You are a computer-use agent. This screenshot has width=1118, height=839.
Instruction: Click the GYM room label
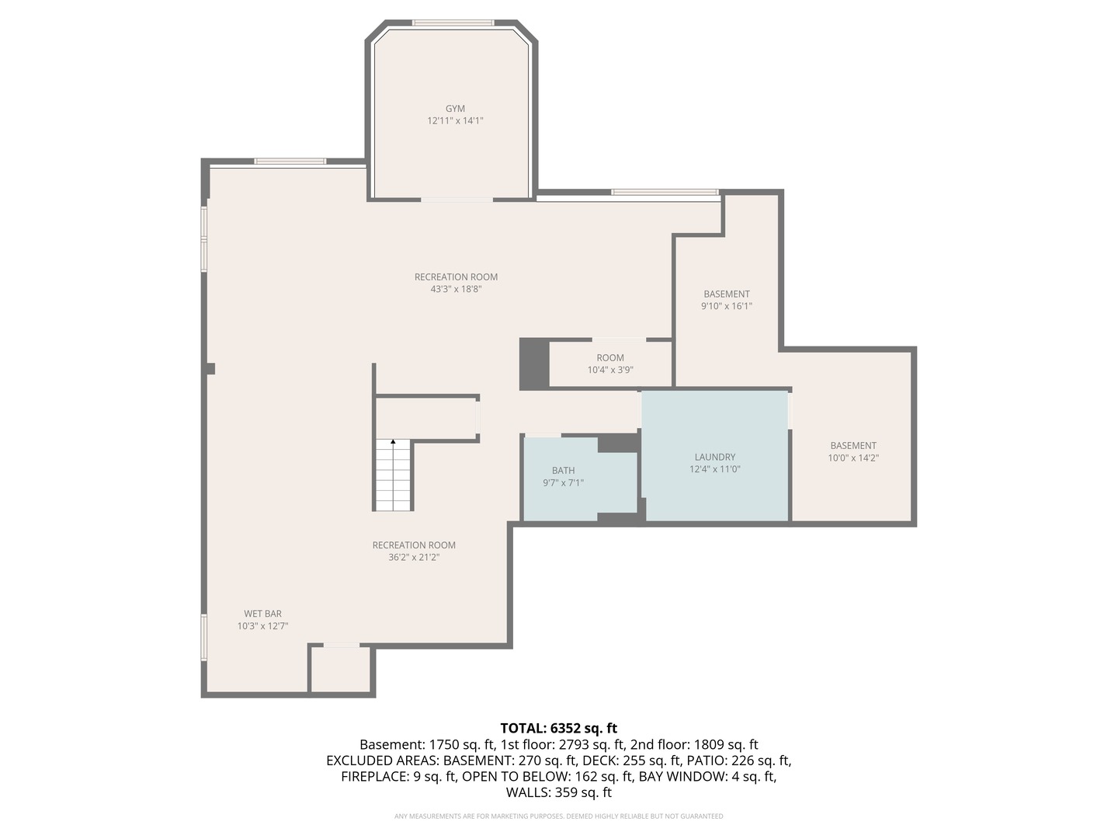[455, 109]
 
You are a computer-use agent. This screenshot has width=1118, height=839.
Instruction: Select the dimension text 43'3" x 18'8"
[456, 289]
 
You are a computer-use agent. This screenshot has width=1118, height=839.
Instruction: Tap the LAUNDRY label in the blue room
[714, 457]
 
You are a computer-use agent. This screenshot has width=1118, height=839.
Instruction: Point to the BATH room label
[563, 470]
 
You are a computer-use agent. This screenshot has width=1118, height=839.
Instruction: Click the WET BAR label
[262, 614]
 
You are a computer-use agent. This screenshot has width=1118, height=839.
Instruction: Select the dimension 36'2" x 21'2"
[414, 557]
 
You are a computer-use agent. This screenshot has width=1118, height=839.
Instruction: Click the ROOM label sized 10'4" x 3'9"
[610, 358]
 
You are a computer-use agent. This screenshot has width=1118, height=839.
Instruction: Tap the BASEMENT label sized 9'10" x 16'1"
[727, 294]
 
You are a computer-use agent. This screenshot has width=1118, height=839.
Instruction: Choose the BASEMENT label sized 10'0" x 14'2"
[853, 445]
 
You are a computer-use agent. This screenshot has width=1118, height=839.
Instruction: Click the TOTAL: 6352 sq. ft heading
[558, 728]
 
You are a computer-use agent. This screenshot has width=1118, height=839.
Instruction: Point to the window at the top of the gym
[453, 23]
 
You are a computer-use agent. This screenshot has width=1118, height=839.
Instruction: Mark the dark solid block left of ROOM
[533, 364]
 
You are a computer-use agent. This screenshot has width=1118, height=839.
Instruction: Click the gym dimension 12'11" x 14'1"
[455, 120]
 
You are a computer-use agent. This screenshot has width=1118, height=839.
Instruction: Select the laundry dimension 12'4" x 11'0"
[714, 469]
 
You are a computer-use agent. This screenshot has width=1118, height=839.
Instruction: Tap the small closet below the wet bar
[341, 669]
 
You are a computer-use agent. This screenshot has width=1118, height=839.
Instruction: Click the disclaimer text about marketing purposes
[558, 816]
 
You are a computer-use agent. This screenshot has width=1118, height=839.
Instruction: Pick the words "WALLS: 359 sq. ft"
[558, 792]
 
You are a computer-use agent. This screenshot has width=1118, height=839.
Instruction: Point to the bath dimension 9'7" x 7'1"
[563, 482]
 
